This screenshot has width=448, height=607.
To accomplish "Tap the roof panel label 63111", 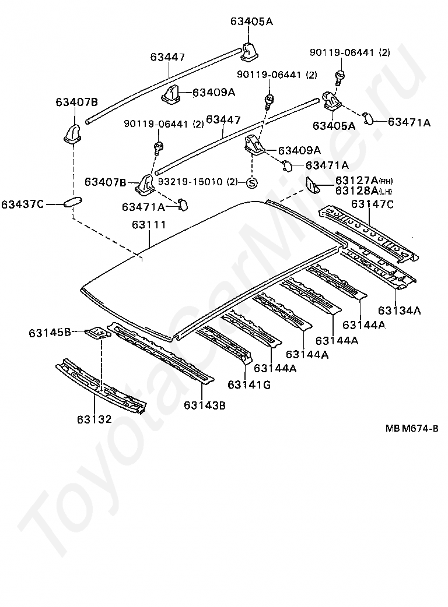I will [149, 224].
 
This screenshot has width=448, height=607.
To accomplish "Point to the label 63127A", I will [356, 180].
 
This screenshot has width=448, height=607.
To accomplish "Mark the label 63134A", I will [399, 310].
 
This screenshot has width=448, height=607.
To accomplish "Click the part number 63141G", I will [249, 384].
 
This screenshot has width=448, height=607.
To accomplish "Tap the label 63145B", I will [50, 333].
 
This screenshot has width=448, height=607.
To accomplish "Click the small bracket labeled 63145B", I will [97, 334].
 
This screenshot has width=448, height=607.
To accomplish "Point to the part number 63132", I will [94, 418].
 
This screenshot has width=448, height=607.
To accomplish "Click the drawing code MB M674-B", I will [411, 429].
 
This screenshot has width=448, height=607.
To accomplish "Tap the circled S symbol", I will [251, 182].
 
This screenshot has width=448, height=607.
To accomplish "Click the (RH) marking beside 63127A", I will [387, 181].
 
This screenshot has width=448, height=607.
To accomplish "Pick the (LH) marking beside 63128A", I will [386, 190].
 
